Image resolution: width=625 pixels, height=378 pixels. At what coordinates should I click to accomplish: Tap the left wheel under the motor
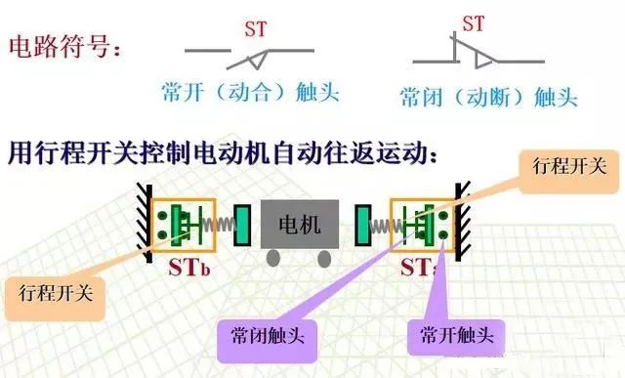coord(274,257)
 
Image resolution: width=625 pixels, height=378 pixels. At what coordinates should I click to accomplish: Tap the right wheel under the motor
coord(324,257)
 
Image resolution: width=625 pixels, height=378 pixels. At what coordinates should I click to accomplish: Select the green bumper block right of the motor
coord(362,225)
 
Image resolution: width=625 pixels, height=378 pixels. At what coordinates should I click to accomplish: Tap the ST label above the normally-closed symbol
coord(474,23)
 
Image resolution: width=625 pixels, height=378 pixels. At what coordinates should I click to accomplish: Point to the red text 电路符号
coord(64,47)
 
